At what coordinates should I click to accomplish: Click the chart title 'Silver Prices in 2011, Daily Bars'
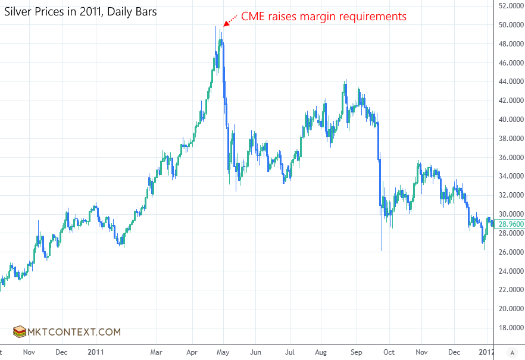click(81, 11)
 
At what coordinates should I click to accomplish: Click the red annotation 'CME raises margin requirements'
click(323, 16)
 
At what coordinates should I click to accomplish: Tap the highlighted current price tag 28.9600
click(510, 224)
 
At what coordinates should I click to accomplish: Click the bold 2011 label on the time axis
click(96, 352)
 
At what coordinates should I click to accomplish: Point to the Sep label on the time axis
click(356, 352)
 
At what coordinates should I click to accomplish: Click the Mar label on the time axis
click(157, 352)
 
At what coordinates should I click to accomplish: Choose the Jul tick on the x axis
click(290, 352)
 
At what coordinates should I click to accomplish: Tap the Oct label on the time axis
click(389, 352)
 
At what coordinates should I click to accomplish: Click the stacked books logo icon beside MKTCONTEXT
click(20, 332)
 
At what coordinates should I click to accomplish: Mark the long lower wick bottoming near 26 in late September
click(382, 244)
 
